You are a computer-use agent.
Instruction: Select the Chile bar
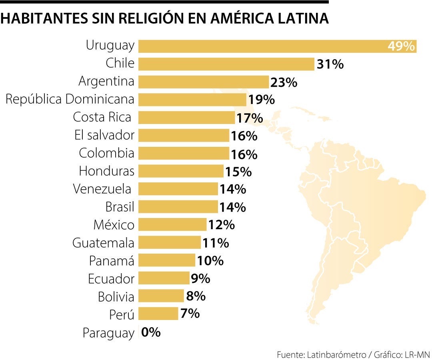coord(226,64)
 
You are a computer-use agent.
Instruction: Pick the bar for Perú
coord(158,314)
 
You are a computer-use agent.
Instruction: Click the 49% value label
coord(401,46)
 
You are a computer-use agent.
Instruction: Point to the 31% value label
coord(330,64)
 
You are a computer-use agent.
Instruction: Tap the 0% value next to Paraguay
coord(151,332)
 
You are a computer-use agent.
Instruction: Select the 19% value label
coord(261,100)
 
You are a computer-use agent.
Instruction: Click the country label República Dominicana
coord(70,99)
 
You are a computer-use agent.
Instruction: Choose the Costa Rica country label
coord(102,117)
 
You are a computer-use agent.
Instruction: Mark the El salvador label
coord(104,135)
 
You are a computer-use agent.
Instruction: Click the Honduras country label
coord(106,171)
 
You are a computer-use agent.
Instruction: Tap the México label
coord(114,225)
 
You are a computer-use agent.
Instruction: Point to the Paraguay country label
coord(108,333)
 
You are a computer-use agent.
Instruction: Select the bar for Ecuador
coord(164,278)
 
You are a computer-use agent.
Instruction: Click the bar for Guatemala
coord(170,242)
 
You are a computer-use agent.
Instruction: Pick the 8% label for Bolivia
coord(196,296)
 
